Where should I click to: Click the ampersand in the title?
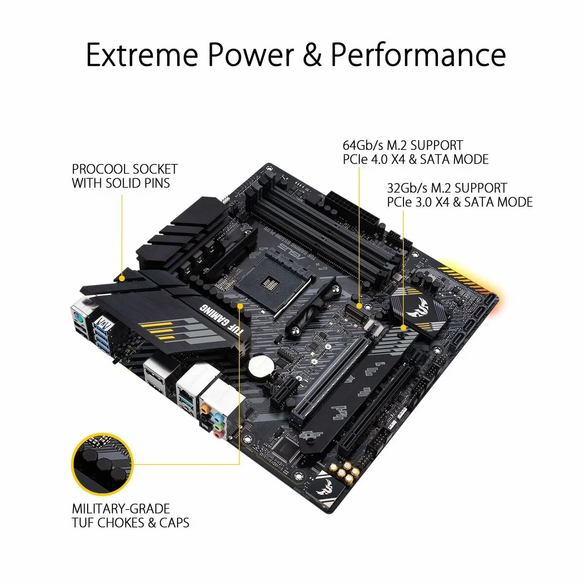click(312, 55)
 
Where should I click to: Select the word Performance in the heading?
click(418, 55)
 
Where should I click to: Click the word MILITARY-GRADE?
click(121, 509)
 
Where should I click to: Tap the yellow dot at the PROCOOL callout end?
click(121, 279)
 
